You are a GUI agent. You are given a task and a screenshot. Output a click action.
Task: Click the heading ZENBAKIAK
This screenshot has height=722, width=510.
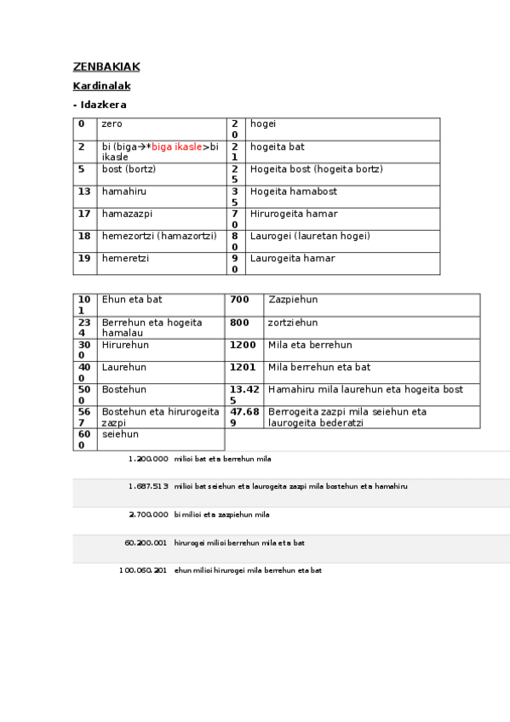click(106, 66)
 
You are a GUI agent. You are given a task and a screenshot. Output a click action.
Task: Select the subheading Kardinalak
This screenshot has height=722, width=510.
click(101, 86)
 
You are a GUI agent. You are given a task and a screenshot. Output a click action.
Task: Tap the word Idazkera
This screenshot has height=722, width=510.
click(103, 105)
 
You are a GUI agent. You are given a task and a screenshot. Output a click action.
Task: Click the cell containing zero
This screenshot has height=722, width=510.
click(112, 123)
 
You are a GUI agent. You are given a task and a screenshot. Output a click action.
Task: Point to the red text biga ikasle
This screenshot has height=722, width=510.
click(177, 146)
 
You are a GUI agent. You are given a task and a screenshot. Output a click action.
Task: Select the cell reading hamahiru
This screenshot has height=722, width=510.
click(123, 192)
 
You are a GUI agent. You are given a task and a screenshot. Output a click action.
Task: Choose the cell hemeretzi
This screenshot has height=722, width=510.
click(124, 258)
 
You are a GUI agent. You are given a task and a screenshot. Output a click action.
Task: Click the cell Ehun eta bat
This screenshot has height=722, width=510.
click(132, 300)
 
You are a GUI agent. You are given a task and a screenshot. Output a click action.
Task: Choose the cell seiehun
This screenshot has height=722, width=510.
click(120, 433)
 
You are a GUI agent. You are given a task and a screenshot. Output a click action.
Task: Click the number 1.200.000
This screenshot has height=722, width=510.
click(148, 459)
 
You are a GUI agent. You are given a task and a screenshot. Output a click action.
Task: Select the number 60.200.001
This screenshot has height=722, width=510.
click(146, 542)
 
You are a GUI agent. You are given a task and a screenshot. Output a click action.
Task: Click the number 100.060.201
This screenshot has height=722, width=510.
click(144, 570)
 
